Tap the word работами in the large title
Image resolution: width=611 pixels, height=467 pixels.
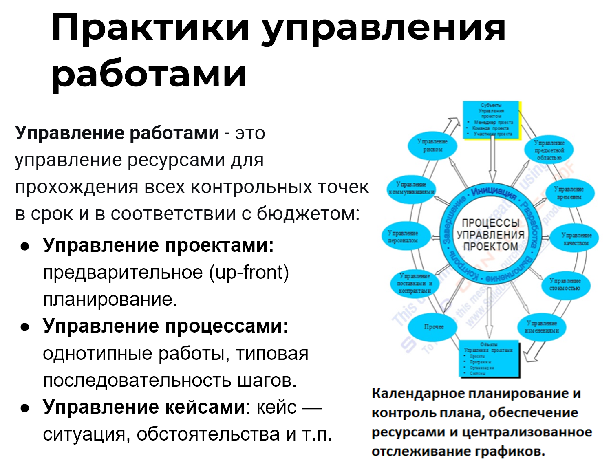pos(149,75)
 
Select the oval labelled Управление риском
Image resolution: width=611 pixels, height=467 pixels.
pos(432,146)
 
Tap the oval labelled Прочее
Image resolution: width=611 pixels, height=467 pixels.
pos(434,327)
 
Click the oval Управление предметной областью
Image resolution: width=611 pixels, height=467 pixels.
pos(549,150)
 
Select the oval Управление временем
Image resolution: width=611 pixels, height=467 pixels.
pos(569,193)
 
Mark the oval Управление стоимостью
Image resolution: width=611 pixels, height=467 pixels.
pos(565,284)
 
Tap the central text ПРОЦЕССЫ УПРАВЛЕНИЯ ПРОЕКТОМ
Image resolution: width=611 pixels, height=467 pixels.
pos(490,235)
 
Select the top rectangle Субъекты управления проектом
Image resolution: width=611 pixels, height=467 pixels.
pos(491,120)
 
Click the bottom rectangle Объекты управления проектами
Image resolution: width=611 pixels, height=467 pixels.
pos(490,358)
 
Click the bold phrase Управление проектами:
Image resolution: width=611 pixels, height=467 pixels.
pos(158,245)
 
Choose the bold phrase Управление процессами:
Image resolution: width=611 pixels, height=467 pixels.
pos(165,326)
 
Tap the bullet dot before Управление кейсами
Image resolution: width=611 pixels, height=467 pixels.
pos(25,408)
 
